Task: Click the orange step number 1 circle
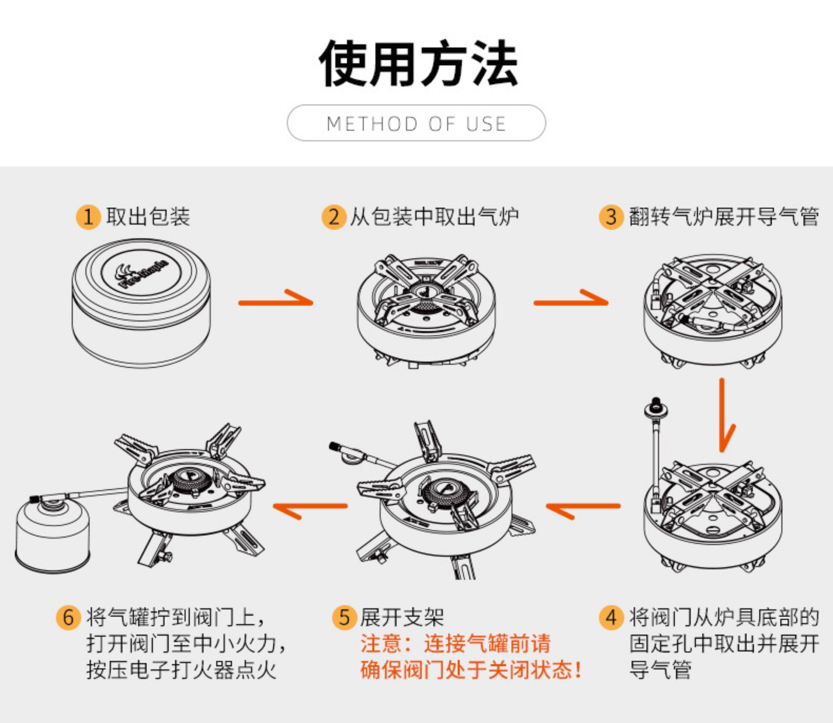[x=88, y=217]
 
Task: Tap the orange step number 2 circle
[x=333, y=217]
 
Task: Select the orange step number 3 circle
[x=611, y=217]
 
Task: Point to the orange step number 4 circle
[x=611, y=618]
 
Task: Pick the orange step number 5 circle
[x=344, y=618]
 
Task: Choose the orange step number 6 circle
[x=68, y=618]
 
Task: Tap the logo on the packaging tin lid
[x=141, y=274]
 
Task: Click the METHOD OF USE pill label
[x=416, y=123]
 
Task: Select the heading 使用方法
[x=418, y=63]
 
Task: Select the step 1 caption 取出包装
[x=148, y=217]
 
